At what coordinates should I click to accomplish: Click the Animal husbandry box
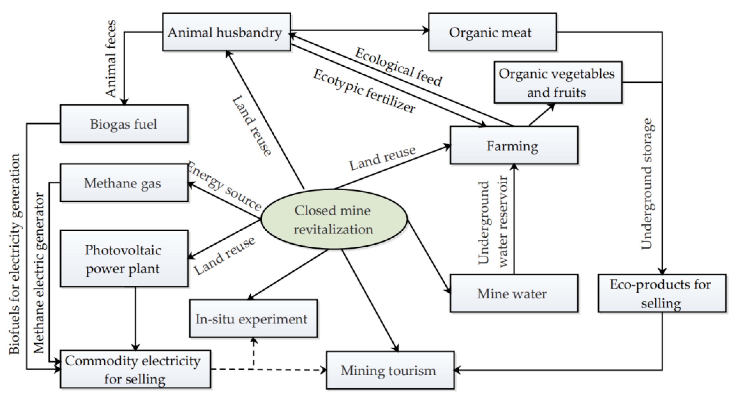click(x=226, y=32)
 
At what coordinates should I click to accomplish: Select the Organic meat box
click(x=492, y=32)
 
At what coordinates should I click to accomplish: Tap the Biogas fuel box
click(x=124, y=124)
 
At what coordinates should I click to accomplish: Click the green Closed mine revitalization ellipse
click(x=333, y=219)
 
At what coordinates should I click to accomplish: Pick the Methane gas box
click(x=124, y=183)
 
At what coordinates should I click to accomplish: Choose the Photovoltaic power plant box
click(x=124, y=259)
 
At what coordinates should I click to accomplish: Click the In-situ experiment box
click(x=253, y=319)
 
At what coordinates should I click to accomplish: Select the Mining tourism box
click(x=390, y=370)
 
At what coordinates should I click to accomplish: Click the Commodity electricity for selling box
click(x=135, y=369)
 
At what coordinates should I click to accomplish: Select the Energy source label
click(x=225, y=186)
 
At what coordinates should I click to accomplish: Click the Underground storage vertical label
click(x=647, y=184)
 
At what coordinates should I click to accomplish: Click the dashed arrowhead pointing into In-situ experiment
click(x=253, y=341)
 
